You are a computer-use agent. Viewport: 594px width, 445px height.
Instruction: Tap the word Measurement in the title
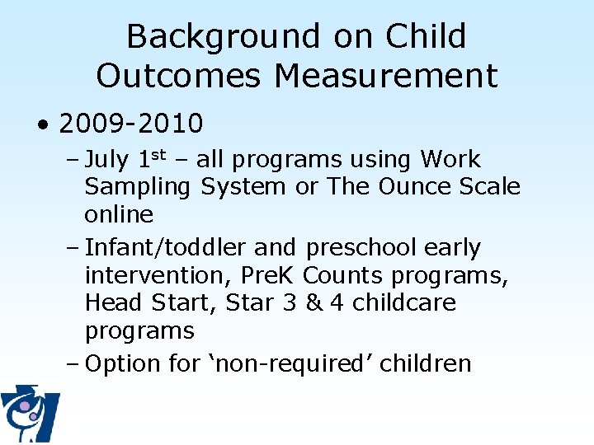pos(386,76)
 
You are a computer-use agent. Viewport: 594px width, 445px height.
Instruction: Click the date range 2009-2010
pos(131,124)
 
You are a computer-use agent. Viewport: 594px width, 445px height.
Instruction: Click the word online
pos(119,214)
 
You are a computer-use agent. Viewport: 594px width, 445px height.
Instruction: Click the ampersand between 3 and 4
pos(315,302)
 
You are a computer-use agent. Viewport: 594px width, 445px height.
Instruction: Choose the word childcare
pos(404,303)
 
